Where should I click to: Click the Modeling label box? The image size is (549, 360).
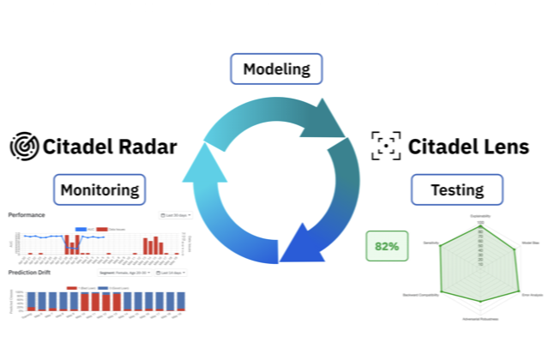(x=276, y=69)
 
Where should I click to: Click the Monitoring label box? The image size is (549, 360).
(x=99, y=189)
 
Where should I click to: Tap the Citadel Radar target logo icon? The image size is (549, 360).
(x=23, y=146)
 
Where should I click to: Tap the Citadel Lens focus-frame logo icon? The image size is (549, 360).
(x=385, y=146)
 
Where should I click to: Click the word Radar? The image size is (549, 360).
(x=145, y=146)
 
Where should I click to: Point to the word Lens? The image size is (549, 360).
(x=504, y=146)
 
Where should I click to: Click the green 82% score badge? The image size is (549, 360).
(x=386, y=246)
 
